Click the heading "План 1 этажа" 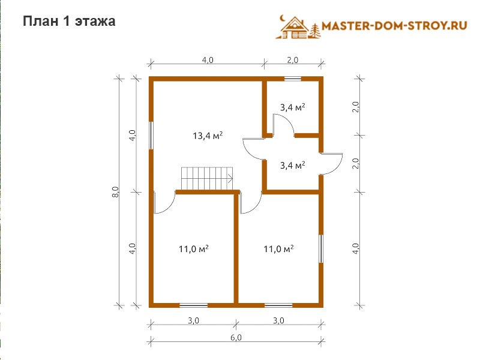pos(69,21)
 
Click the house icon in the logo pos(295,28)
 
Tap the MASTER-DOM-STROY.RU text pos(394,26)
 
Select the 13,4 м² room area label pos(208,136)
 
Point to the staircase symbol pos(207,178)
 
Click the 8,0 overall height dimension pos(115,192)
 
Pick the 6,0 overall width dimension pos(236,337)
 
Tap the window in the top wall pos(293,79)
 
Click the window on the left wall pos(151,136)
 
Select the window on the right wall pos(321,248)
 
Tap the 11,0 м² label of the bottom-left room pos(193,249)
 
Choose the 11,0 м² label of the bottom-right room pos(278,249)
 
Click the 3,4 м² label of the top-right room pos(292,107)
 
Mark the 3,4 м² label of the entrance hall pos(292,166)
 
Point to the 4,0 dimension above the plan pos(208,60)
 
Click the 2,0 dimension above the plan pos(293,60)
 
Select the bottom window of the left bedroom pos(193,305)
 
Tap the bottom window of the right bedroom pos(278,305)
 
